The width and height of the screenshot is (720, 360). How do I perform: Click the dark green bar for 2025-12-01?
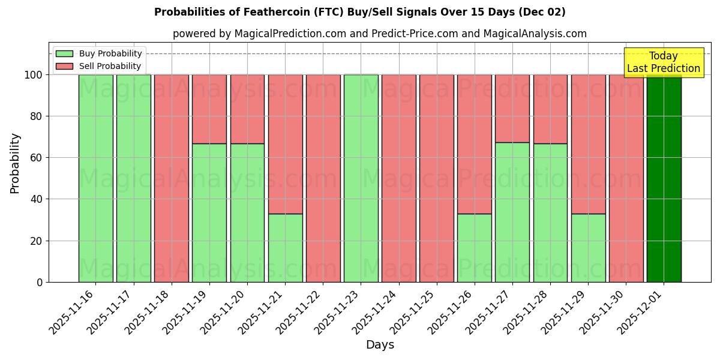[x=664, y=178]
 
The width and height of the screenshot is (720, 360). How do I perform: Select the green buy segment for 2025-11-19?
[x=209, y=212]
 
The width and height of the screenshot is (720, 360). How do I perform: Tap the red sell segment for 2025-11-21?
[x=285, y=144]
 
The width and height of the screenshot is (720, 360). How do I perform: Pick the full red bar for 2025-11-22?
[x=323, y=178]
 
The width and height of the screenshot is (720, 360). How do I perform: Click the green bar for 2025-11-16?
[x=96, y=178]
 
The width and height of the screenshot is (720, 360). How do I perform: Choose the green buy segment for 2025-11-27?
[x=512, y=212]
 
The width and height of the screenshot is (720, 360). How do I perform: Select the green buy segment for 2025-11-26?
[x=475, y=247]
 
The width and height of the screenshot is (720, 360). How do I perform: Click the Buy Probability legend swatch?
[x=64, y=54]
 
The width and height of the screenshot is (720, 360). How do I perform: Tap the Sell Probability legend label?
[x=110, y=67]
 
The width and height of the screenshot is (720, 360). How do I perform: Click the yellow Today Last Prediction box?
[x=663, y=62]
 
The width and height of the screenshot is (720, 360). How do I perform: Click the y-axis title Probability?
[x=15, y=163]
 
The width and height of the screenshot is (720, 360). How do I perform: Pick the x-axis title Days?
[x=380, y=345]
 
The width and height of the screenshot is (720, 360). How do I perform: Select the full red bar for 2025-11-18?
[x=172, y=178]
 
